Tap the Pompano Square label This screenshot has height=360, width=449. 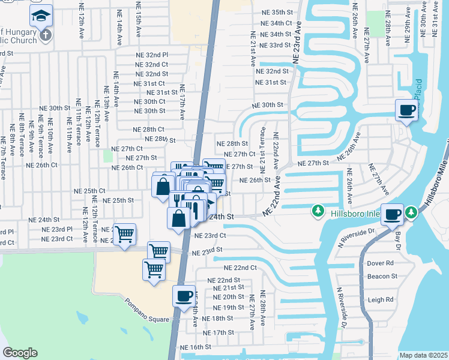tap(147, 310)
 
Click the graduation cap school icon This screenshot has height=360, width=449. tap(41, 15)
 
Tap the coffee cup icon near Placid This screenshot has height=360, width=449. tap(406, 110)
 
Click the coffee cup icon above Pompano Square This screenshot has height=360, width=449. tap(184, 296)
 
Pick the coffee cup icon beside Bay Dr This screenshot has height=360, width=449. tap(393, 215)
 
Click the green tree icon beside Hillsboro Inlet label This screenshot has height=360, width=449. tap(318, 211)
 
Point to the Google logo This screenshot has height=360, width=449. tap(20, 353)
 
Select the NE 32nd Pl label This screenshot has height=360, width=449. tap(153, 55)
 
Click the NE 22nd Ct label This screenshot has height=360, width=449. tap(240, 268)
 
